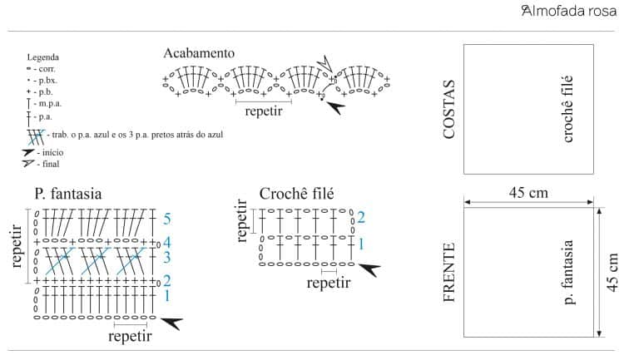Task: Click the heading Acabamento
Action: point(199,53)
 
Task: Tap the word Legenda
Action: point(42,57)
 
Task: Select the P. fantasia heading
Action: point(68,194)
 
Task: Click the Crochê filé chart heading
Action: point(296,194)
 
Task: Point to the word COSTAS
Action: point(450,109)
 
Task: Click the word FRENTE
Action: point(450,272)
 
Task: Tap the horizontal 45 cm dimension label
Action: point(528,193)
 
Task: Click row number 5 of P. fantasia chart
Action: point(167,219)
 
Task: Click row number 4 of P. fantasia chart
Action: point(167,243)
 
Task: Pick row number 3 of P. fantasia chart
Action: point(167,258)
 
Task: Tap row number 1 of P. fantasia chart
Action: point(167,295)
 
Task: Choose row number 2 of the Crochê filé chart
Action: point(360,218)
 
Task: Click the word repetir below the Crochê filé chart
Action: point(329,283)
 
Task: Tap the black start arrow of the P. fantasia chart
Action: point(171,323)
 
